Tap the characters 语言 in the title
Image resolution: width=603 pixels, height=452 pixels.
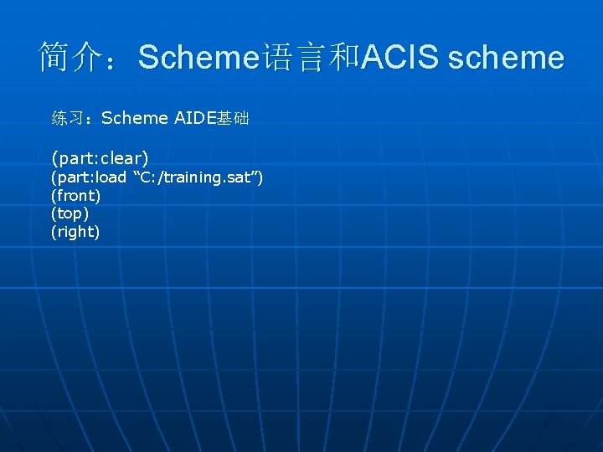pos(293,57)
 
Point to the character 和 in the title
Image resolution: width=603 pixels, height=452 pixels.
pos(344,57)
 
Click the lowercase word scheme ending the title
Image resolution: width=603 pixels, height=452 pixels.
pos(506,57)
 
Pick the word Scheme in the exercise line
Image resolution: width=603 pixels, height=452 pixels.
pos(134,118)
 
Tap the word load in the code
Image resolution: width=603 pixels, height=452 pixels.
pos(110,177)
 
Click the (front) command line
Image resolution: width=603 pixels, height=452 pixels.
pos(75,196)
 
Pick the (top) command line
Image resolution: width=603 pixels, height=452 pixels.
pos(70,213)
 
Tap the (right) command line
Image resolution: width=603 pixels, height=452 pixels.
pos(75,232)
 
